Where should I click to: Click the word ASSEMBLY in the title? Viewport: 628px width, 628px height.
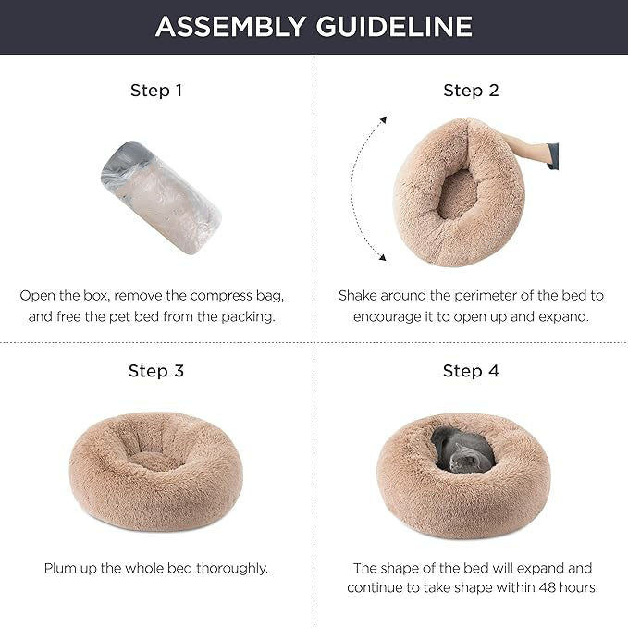pos(230,27)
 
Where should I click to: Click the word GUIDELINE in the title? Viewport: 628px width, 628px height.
pos(394,27)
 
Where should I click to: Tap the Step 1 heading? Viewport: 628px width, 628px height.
pos(156,91)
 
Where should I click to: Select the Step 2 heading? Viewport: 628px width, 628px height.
pos(471,91)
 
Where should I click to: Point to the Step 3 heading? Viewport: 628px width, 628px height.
pos(156,371)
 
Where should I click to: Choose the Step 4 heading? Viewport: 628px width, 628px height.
pos(471,371)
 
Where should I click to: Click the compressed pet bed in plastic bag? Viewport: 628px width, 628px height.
pos(161,197)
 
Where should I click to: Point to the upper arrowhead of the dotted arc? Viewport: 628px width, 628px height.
pos(384,119)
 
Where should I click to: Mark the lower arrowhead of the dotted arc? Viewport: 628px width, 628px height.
pos(383,257)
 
